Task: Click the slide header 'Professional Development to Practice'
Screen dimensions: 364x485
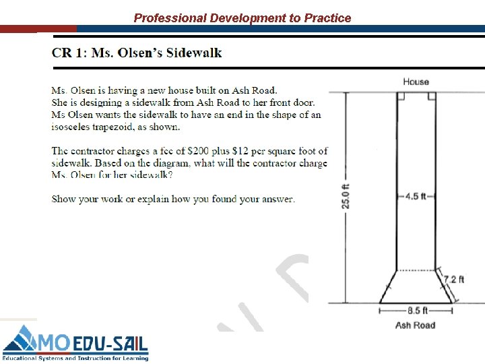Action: (x=243, y=18)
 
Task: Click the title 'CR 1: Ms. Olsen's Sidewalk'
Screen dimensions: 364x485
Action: (x=137, y=53)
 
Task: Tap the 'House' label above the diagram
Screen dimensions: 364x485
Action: (x=416, y=82)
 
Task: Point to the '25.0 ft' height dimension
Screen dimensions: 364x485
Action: (x=346, y=195)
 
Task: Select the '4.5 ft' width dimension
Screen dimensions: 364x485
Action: (x=416, y=196)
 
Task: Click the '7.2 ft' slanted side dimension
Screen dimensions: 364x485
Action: (x=453, y=278)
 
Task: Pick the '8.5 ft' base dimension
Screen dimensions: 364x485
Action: (x=416, y=311)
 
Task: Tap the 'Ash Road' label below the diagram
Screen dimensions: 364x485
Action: (x=415, y=325)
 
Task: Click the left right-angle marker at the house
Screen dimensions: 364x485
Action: (x=400, y=96)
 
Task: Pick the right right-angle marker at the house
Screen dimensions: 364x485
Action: (x=432, y=96)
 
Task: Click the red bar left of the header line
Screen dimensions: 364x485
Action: (x=38, y=29)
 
